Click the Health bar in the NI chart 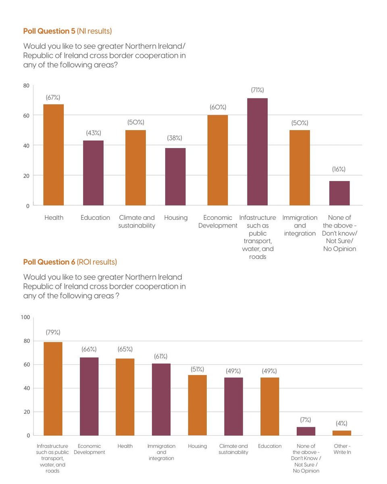click(x=54, y=155)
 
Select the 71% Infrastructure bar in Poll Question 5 click(x=257, y=152)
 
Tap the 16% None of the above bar click(x=339, y=193)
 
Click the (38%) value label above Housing click(x=175, y=138)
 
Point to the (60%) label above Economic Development click(x=218, y=107)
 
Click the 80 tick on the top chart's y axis click(x=26, y=86)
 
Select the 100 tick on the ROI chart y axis click(x=25, y=317)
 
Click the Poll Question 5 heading click(x=67, y=31)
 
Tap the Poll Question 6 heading click(x=70, y=262)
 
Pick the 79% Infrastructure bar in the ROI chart click(x=53, y=389)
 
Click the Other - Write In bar click(x=342, y=433)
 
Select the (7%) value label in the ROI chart click(x=306, y=420)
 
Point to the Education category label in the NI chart click(x=95, y=218)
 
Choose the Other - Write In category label click(x=342, y=449)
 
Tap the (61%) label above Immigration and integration click(x=161, y=357)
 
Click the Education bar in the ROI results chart click(x=270, y=407)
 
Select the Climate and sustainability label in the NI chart click(x=137, y=222)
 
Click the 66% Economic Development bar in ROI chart click(x=89, y=396)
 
